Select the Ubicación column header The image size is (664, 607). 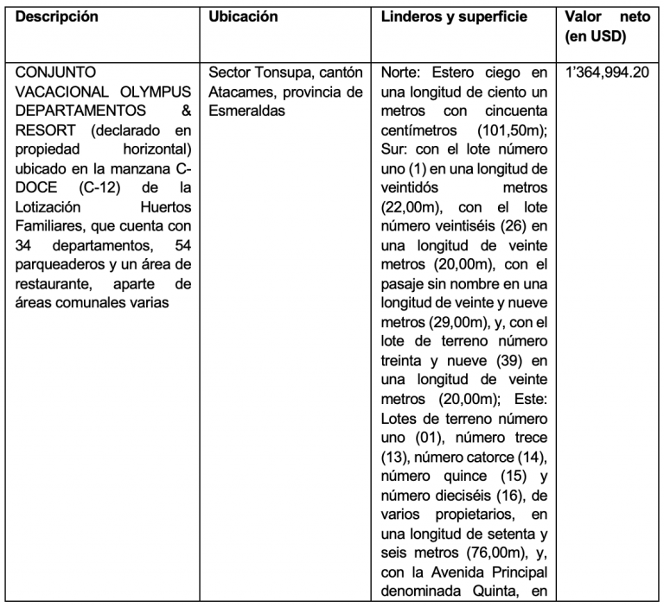(x=244, y=16)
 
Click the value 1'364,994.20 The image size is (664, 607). (x=607, y=72)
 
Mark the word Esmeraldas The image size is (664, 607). (x=248, y=110)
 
